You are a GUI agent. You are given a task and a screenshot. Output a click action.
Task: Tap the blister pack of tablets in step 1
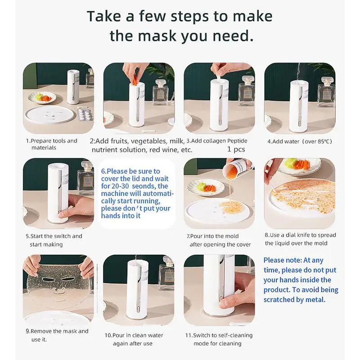click(x=85, y=114)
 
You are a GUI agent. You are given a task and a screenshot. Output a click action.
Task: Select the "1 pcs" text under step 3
click(x=236, y=149)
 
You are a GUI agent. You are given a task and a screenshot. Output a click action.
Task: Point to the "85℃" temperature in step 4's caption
click(x=324, y=141)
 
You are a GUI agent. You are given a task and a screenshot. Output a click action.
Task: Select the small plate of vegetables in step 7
click(x=206, y=187)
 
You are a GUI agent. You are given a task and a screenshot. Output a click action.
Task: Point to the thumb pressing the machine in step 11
click(x=226, y=304)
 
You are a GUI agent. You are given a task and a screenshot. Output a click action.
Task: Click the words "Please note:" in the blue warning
click(x=283, y=260)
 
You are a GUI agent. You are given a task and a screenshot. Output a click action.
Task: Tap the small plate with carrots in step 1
click(x=42, y=98)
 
